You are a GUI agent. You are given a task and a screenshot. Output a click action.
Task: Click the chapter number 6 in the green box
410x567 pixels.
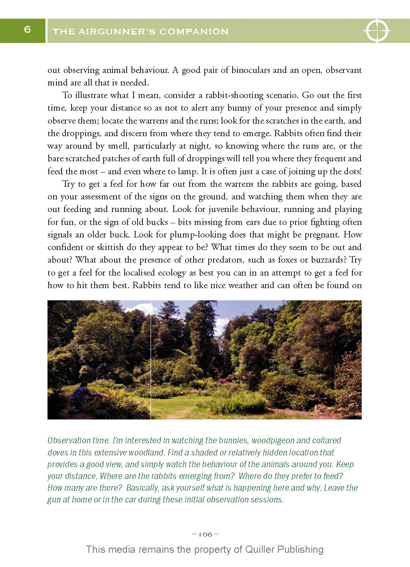pos(27,29)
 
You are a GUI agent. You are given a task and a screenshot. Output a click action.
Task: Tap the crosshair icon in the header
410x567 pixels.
pos(376,30)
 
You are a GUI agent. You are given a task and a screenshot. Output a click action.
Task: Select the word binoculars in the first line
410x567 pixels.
pos(250,70)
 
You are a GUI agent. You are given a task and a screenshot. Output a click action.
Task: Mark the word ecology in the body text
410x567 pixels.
pos(168,273)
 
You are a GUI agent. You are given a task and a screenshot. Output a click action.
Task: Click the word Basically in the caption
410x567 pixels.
pos(142,488)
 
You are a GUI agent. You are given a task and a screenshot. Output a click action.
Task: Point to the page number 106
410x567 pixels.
pos(205,534)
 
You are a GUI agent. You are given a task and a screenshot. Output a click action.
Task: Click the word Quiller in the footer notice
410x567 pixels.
pos(260,550)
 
